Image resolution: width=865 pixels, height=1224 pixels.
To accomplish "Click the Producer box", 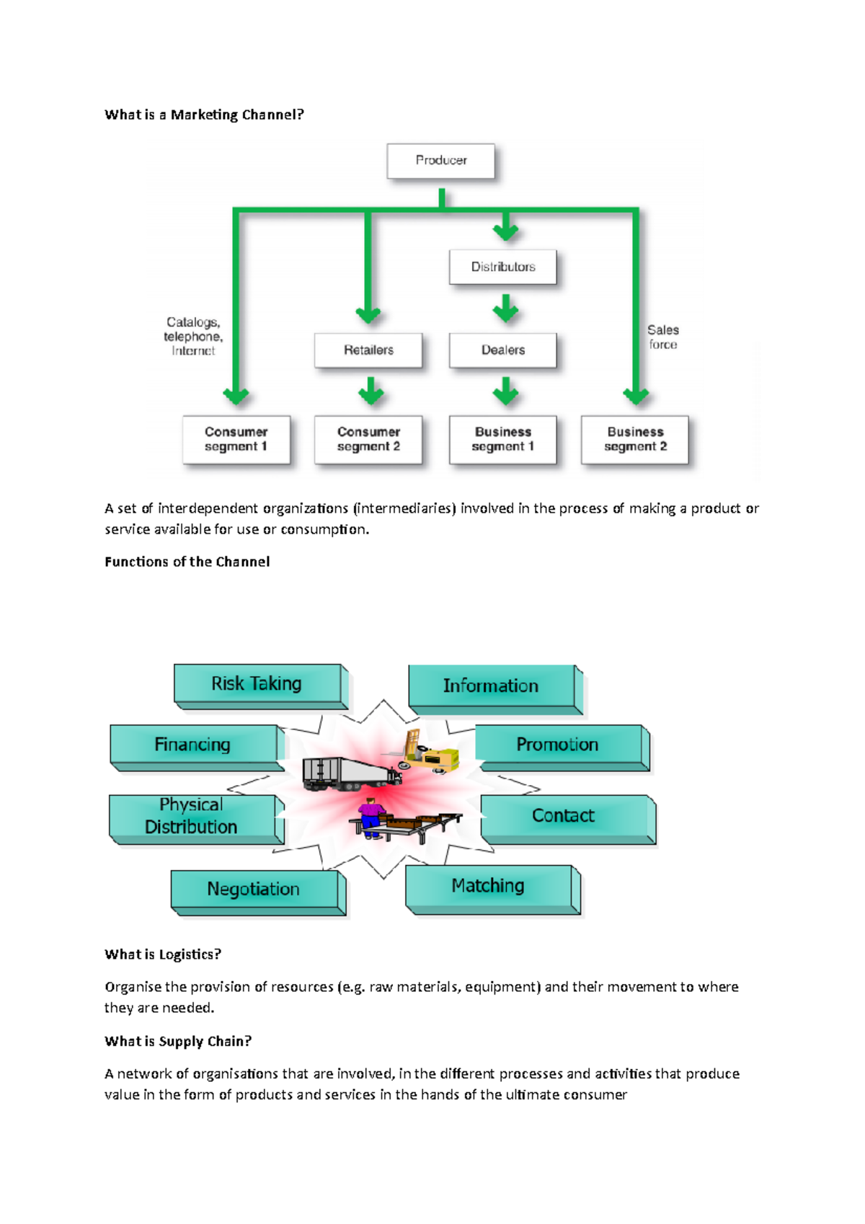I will (x=441, y=161).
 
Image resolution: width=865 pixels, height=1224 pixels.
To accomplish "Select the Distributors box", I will (x=503, y=267).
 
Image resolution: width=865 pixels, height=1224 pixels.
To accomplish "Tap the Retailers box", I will (x=368, y=350).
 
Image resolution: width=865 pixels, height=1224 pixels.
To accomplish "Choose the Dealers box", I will (x=503, y=350).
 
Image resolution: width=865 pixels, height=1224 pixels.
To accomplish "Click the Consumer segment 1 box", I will (x=236, y=439).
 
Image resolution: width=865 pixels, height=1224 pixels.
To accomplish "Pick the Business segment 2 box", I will (x=635, y=439).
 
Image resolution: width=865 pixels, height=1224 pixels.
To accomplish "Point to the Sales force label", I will (x=662, y=337).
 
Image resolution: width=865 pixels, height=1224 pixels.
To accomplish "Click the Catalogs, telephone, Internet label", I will (x=193, y=337).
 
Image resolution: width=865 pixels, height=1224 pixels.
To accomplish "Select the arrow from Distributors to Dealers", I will (x=506, y=309).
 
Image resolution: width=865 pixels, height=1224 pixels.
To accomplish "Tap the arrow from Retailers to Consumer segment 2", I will (x=371, y=391).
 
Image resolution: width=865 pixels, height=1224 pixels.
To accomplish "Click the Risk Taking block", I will (x=257, y=683).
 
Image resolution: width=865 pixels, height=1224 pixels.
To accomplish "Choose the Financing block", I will (x=193, y=745).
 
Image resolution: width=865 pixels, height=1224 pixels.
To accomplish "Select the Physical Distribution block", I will (x=192, y=816).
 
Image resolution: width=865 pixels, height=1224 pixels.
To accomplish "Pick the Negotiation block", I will (x=254, y=890).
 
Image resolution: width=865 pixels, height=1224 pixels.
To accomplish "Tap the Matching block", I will (x=489, y=886).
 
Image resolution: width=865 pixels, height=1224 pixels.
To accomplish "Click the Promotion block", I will (x=558, y=745).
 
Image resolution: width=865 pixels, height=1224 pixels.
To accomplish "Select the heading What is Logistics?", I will (x=163, y=954).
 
